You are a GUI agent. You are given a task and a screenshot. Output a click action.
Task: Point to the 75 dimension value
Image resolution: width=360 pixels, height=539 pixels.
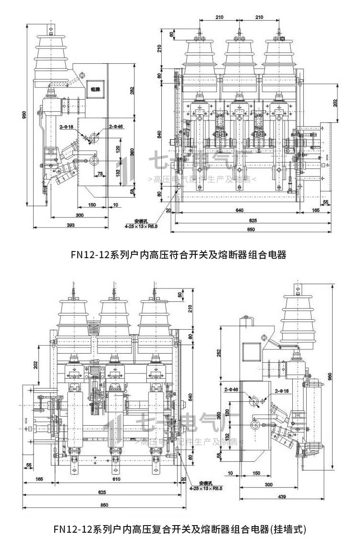100,174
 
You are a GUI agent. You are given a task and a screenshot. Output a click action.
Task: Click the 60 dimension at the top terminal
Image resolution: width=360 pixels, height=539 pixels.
171,35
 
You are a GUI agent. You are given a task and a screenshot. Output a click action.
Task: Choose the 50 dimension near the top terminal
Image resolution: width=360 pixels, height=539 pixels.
180,294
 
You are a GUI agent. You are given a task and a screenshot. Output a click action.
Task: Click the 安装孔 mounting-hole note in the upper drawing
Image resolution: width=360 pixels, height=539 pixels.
140,221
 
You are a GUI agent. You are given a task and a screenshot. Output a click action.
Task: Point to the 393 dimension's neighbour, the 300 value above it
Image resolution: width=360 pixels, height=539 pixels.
79,216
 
